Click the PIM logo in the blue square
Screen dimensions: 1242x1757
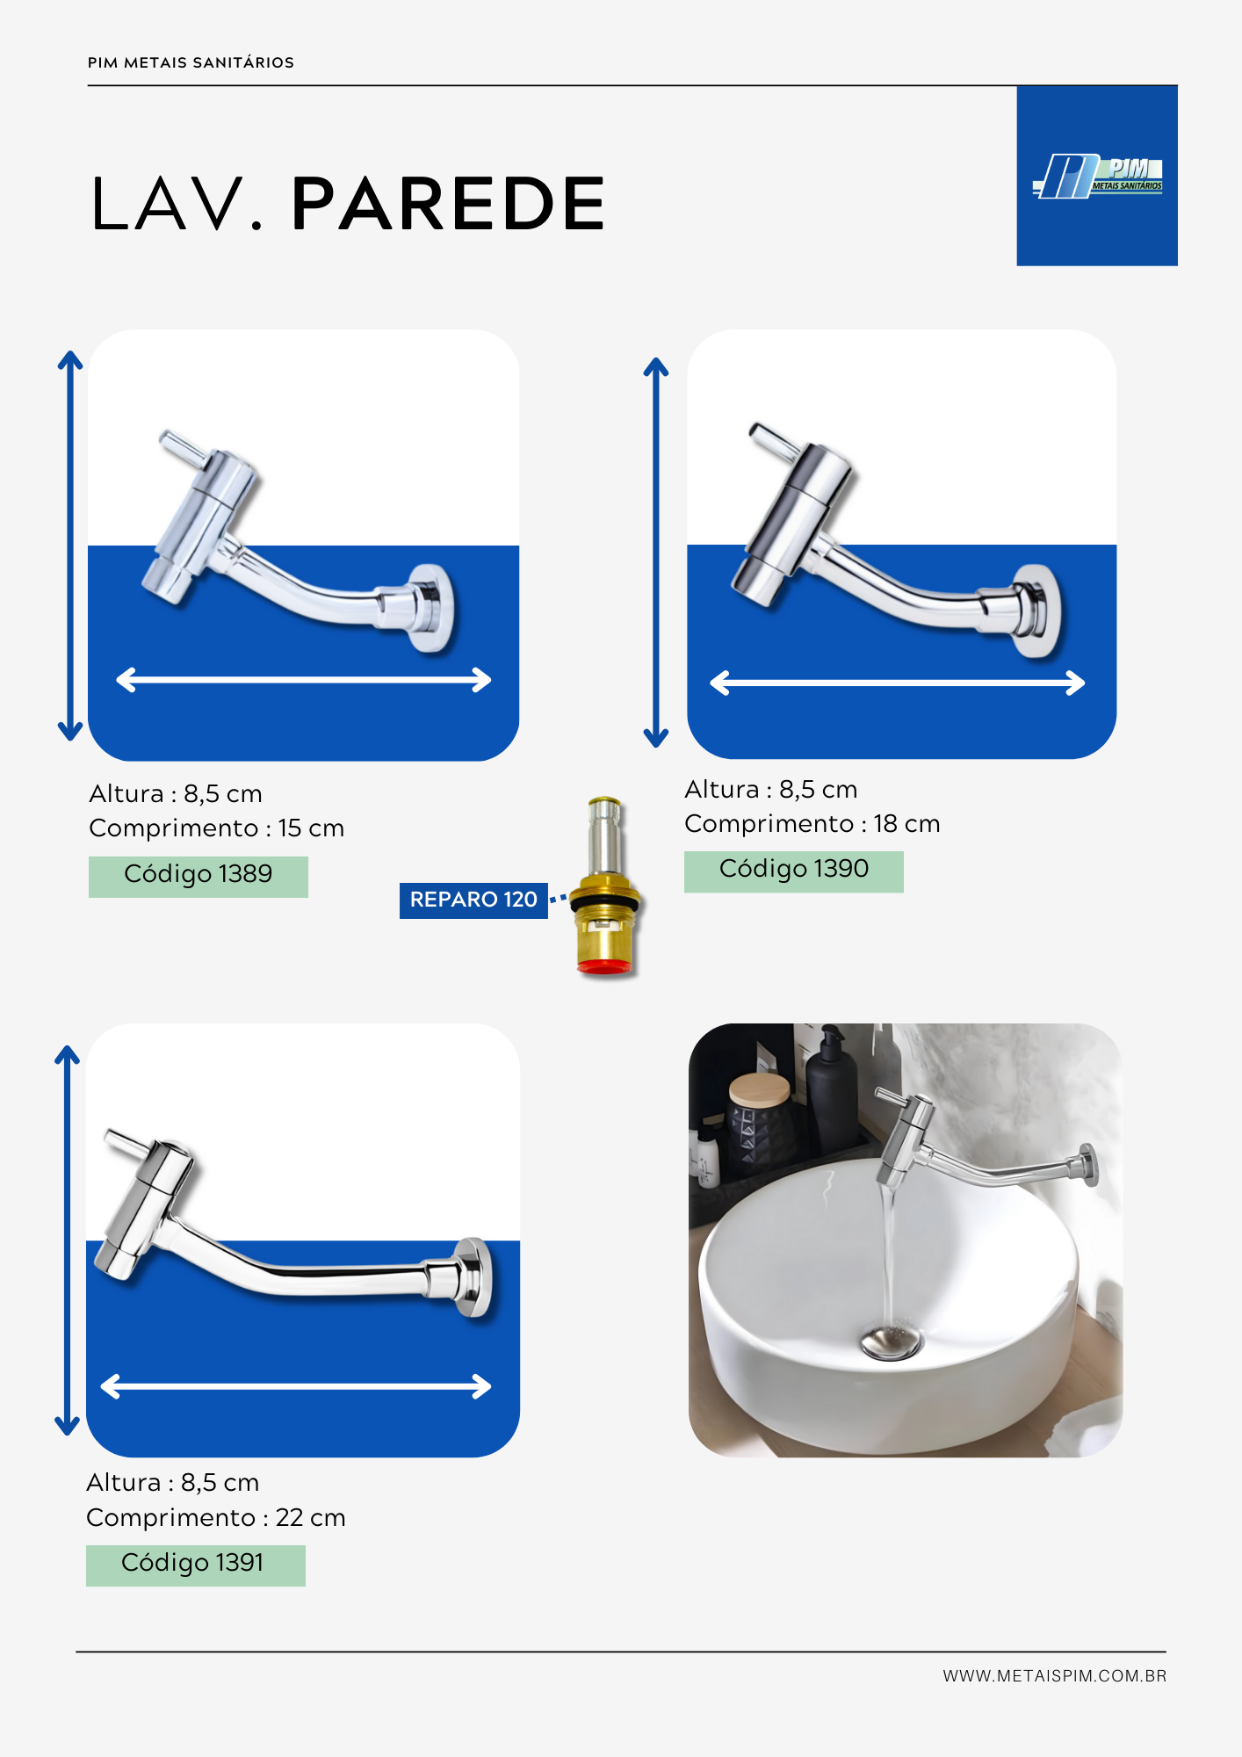(x=1097, y=176)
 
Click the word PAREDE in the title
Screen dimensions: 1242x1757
(x=448, y=204)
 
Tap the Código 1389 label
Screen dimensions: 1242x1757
(x=199, y=876)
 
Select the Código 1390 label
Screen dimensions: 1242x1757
(x=794, y=871)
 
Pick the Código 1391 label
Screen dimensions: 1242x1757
(x=196, y=1565)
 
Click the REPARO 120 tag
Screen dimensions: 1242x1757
(x=473, y=900)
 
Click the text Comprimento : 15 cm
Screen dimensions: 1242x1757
(x=217, y=828)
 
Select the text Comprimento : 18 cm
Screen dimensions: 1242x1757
(x=812, y=824)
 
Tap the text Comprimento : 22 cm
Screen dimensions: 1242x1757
(x=216, y=1518)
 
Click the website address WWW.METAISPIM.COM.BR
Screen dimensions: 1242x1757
(x=1055, y=1676)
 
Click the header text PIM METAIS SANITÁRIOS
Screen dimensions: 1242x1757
(x=191, y=62)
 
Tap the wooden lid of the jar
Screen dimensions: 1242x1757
(x=760, y=1089)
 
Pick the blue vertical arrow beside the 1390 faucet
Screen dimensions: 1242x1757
(x=656, y=552)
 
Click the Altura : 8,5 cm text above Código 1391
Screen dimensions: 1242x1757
(x=173, y=1483)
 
